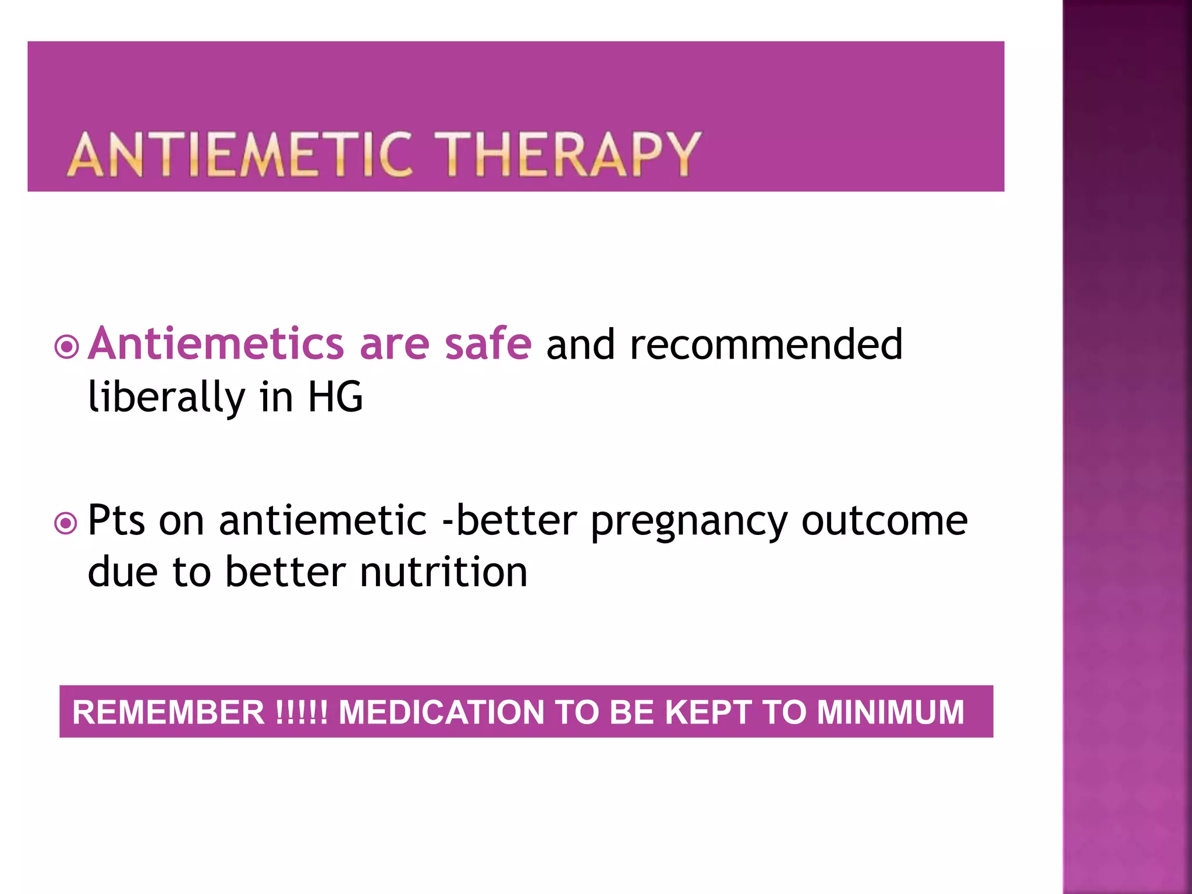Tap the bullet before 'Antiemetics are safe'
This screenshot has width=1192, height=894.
click(66, 347)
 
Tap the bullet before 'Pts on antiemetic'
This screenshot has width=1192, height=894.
click(66, 523)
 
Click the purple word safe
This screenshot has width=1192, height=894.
click(488, 344)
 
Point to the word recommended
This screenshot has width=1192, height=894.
click(766, 344)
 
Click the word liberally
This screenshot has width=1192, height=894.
click(166, 398)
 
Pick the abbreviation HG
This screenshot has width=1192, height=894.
click(335, 398)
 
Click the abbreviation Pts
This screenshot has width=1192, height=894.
click(116, 520)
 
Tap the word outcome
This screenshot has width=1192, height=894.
click(885, 520)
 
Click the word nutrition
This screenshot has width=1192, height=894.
click(444, 572)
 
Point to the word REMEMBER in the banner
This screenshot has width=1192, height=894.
click(168, 712)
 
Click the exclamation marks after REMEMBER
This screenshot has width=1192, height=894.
click(301, 712)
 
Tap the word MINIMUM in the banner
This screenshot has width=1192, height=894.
click(891, 712)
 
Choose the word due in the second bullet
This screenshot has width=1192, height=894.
click(122, 572)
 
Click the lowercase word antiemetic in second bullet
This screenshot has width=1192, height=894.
click(323, 520)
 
